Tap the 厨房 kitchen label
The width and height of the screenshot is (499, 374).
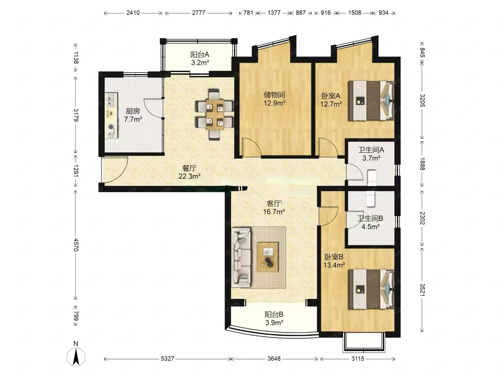[133, 111]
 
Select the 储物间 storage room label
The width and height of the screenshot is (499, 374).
[274, 95]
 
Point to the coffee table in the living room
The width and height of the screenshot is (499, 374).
[268, 257]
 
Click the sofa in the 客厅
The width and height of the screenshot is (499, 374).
[241, 258]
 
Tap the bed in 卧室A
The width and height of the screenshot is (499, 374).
[371, 100]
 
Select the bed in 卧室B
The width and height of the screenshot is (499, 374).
[371, 290]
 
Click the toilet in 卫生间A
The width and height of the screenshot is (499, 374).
[372, 177]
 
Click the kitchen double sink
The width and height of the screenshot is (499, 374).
[111, 100]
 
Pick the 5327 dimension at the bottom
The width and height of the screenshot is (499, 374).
[167, 358]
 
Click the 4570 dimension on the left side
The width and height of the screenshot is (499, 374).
[76, 245]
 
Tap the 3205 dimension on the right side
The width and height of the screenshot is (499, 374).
[422, 100]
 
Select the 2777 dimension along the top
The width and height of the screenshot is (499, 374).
[199, 13]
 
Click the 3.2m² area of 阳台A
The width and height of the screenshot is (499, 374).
[200, 62]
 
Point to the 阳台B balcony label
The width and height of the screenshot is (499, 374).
[274, 314]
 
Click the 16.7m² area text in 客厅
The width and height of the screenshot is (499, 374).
[274, 212]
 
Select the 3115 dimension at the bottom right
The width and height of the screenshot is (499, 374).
[358, 358]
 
